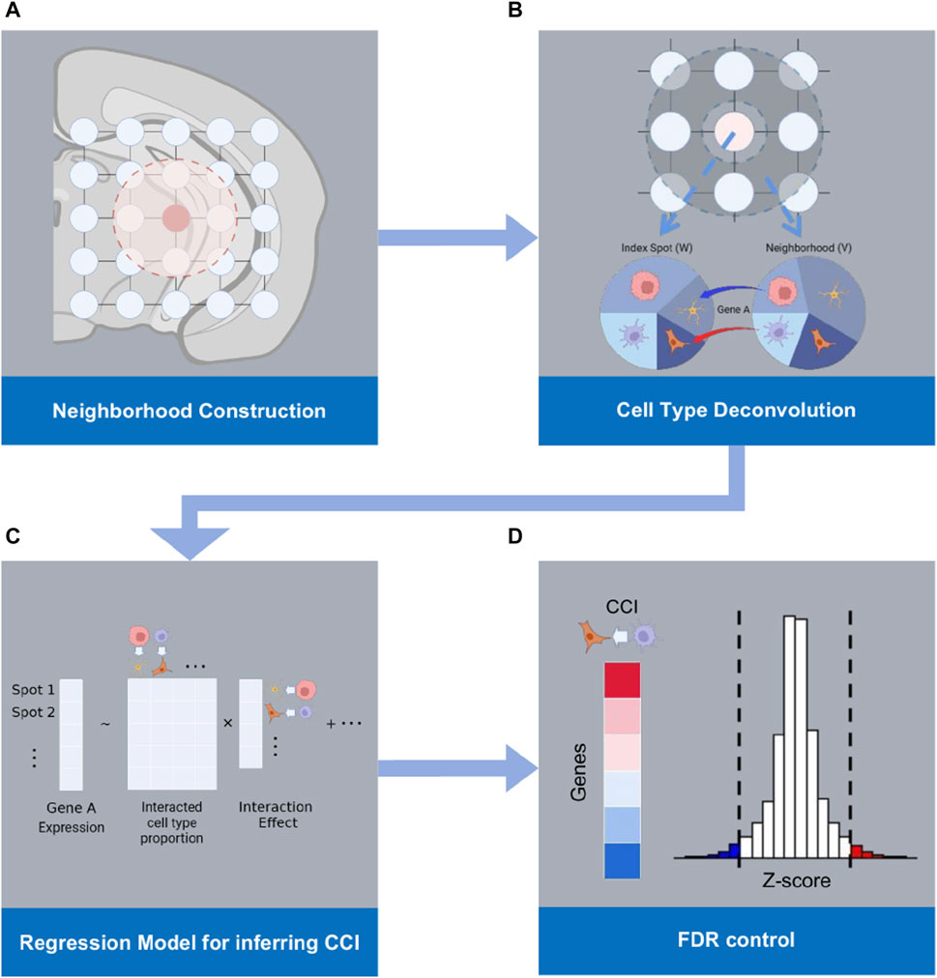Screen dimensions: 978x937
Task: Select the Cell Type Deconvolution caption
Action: point(737,410)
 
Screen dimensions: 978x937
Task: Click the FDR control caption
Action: point(736,938)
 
